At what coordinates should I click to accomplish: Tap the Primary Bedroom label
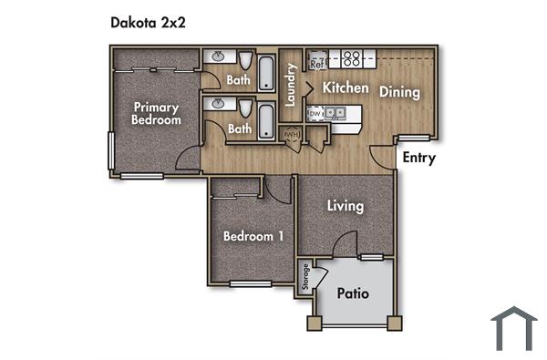click(155, 112)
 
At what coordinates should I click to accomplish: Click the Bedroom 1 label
click(253, 236)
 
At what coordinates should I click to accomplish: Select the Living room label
click(346, 206)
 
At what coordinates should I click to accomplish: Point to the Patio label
click(352, 293)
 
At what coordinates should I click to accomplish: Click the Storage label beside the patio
click(306, 278)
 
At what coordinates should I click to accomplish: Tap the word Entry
click(418, 158)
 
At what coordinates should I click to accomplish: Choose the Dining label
click(399, 92)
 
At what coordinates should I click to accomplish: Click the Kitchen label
click(346, 88)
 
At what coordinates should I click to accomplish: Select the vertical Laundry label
click(291, 86)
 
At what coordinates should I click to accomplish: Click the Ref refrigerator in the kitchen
click(317, 64)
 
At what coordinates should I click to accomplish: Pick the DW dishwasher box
click(315, 114)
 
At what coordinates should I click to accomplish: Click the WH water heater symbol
click(292, 137)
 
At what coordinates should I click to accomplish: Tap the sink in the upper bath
click(218, 57)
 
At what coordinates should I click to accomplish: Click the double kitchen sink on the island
click(337, 114)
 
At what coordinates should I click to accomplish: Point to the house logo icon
click(513, 328)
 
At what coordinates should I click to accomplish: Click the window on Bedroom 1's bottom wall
click(250, 284)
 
